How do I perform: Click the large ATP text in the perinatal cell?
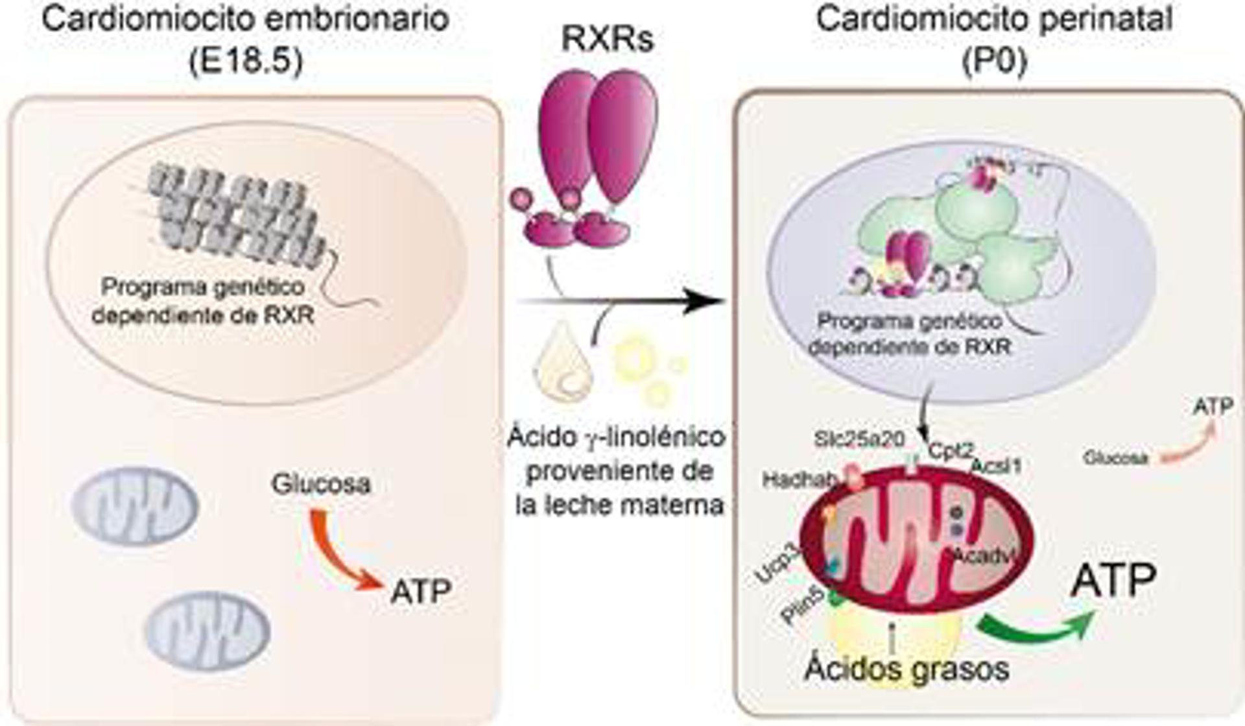point(1113,581)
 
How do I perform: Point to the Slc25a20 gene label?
point(860,439)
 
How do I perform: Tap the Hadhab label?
point(800,480)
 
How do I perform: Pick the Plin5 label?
point(802,605)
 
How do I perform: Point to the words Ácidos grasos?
point(907,669)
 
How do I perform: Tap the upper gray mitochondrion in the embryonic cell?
point(135,505)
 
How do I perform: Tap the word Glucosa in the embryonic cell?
point(321,484)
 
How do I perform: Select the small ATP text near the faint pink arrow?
point(1213,407)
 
